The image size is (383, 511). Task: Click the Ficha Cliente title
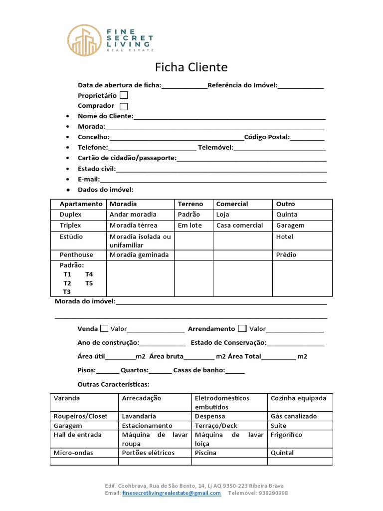tap(191, 67)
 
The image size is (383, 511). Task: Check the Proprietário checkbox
tap(124, 95)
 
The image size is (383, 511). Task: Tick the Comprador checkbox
tap(124, 106)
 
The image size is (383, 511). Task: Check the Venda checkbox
tap(104, 328)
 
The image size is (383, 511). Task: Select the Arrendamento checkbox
tap(242, 328)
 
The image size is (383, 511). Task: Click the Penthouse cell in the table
tap(76, 255)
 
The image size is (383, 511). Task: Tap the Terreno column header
tap(191, 204)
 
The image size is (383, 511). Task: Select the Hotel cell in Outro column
tap(285, 237)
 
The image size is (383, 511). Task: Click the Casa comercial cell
tap(239, 225)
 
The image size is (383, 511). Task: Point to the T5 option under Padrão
tap(89, 283)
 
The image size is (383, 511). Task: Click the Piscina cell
tap(205, 453)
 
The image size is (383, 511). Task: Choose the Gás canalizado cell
tap(294, 416)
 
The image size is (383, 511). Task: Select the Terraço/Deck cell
tap(216, 425)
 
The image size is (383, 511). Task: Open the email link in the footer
tap(171, 493)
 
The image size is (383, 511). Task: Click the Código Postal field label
tap(267, 137)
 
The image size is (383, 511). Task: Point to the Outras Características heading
tap(113, 384)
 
